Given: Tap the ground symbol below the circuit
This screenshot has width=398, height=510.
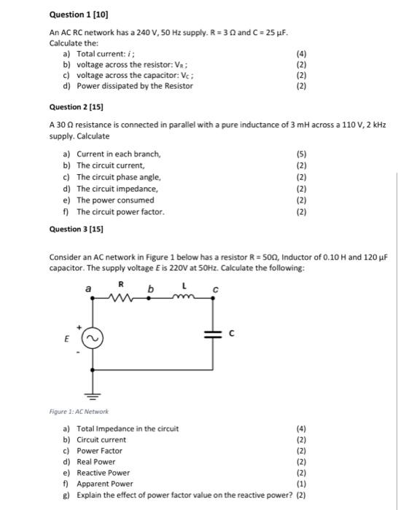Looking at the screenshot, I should pyautogui.click(x=93, y=397).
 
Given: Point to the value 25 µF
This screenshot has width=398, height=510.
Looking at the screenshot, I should pyautogui.click(x=284, y=33).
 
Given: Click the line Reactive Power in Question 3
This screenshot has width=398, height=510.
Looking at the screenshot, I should pyautogui.click(x=104, y=472).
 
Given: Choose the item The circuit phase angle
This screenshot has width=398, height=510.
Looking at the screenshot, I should pyautogui.click(x=119, y=177).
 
